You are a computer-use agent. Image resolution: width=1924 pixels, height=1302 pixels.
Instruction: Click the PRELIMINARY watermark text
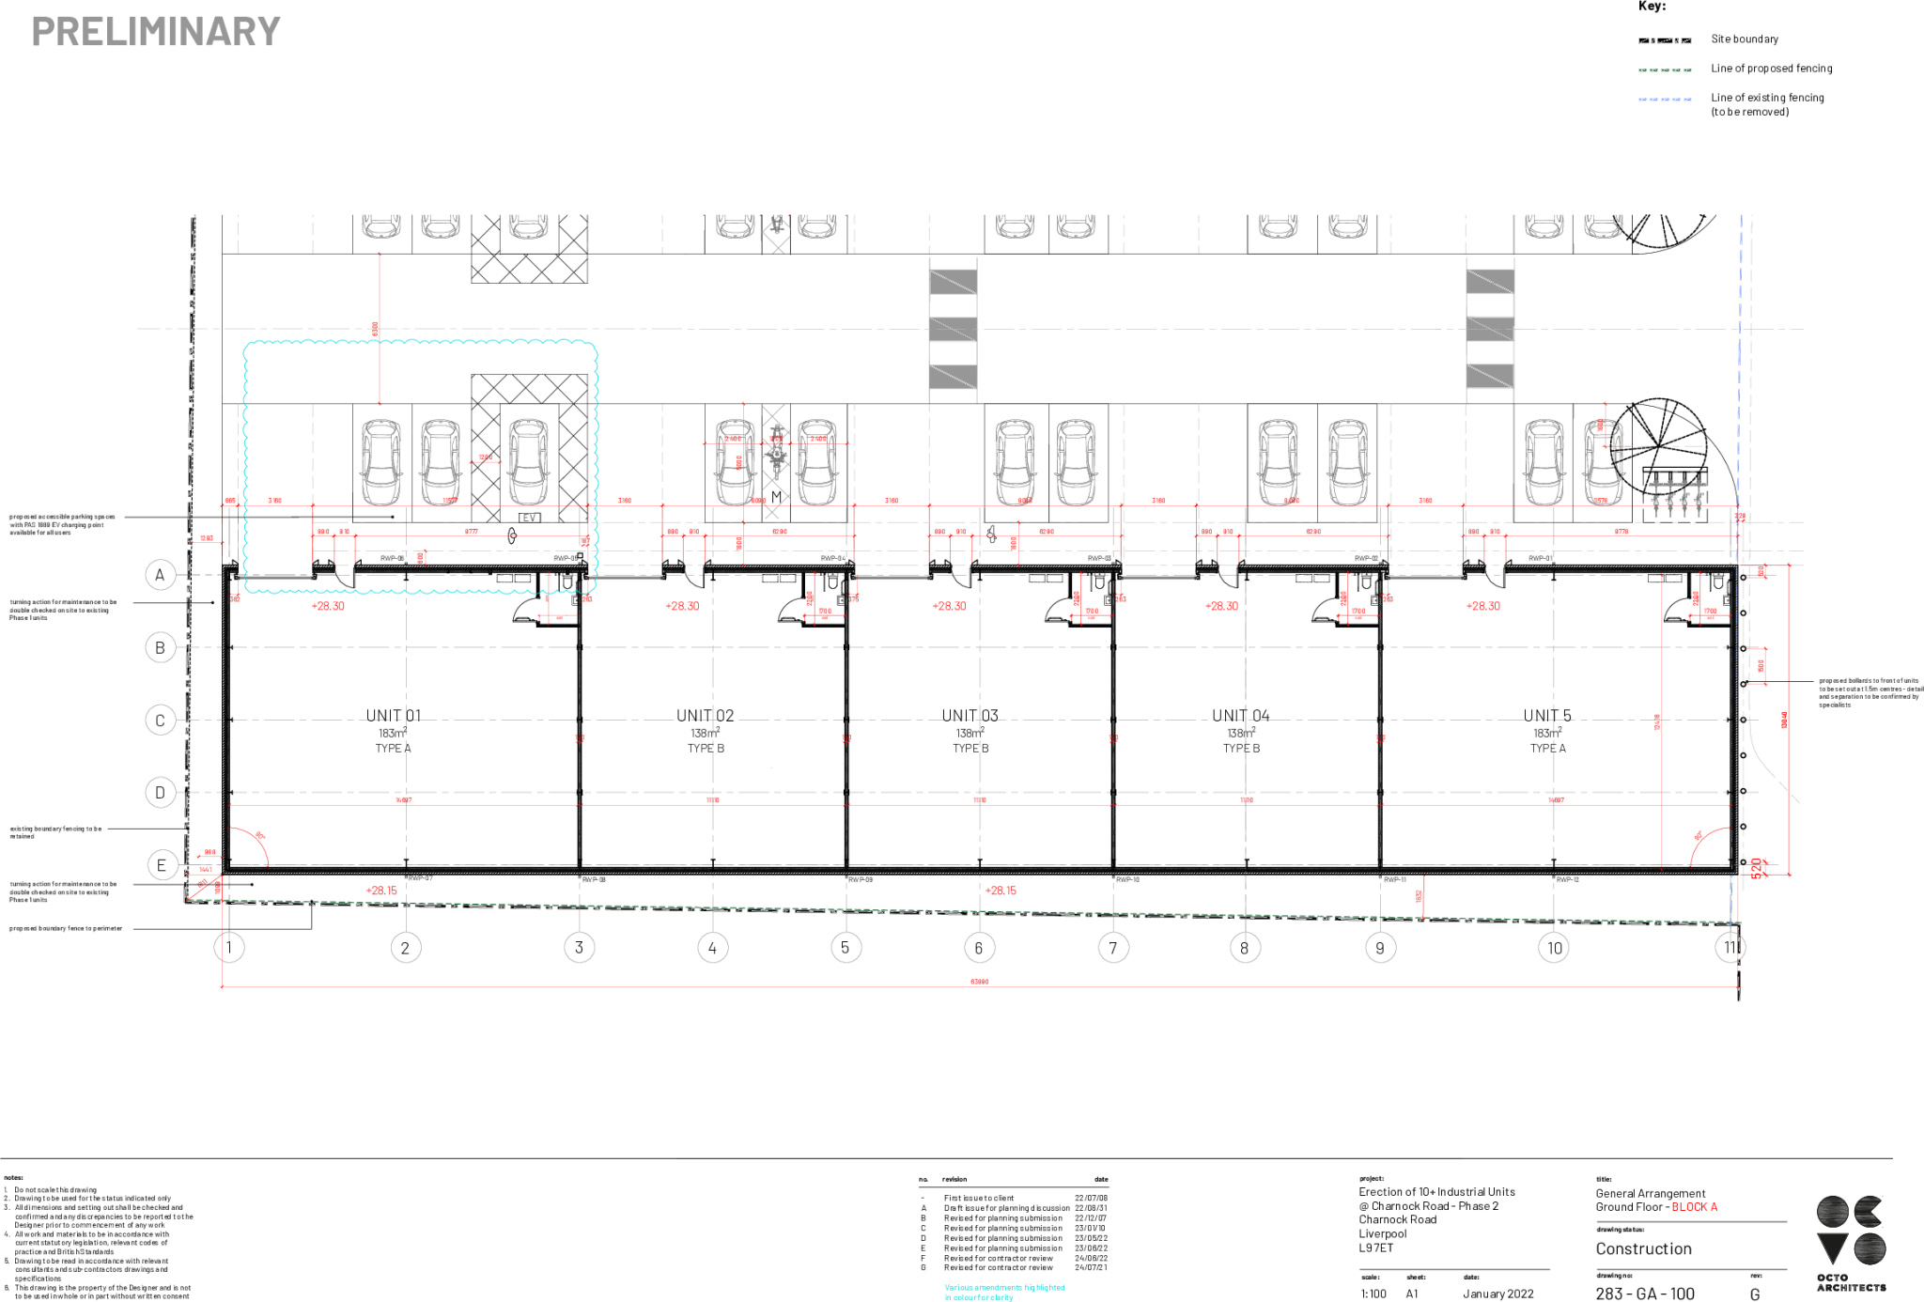pos(156,32)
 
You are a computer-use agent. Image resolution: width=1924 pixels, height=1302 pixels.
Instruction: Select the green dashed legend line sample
pos(1665,70)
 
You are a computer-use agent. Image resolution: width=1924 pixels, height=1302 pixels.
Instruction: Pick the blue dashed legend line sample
pos(1665,100)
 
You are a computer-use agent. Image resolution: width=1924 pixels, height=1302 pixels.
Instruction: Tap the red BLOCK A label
pos(1694,1207)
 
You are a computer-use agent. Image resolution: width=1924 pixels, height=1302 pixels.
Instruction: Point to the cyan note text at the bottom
pos(1003,1293)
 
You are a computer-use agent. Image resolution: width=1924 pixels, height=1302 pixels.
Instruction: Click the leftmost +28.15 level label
pos(381,891)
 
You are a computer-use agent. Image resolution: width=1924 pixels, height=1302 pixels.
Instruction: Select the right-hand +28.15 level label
pos(1001,891)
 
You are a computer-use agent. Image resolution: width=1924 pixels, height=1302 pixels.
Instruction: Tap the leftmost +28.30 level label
pos(329,606)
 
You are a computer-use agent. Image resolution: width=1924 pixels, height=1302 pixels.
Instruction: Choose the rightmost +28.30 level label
pos(1483,606)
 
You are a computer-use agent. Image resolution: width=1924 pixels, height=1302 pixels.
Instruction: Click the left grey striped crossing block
pos(953,329)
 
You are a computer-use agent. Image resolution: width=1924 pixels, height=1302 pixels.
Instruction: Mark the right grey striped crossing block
pos(1490,329)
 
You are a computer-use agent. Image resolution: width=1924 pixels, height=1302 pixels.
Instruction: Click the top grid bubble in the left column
pos(161,575)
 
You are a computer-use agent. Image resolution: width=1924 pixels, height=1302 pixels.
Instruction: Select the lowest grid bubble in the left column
pos(163,865)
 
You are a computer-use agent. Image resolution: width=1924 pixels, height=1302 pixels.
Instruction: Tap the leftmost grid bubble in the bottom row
pos(230,947)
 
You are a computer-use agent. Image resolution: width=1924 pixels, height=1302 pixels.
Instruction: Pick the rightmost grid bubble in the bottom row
pos(1730,947)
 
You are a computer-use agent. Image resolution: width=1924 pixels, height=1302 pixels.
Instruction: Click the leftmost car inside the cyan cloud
pos(381,462)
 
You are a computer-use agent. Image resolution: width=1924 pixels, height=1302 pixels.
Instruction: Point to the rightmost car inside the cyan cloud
pos(529,462)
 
